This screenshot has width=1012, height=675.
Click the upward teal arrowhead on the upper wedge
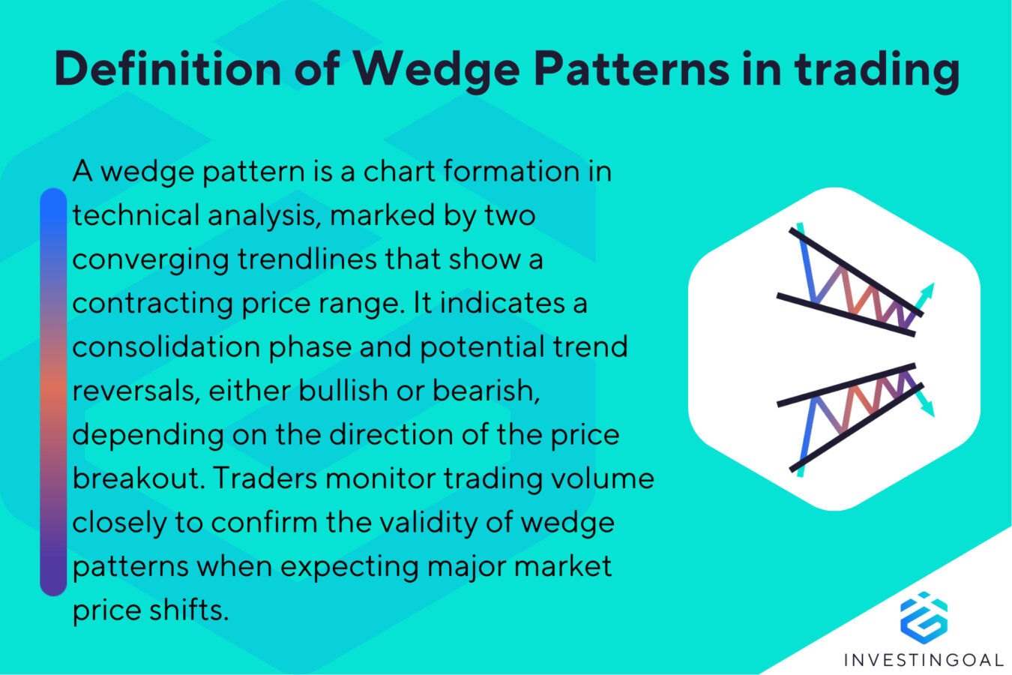click(930, 288)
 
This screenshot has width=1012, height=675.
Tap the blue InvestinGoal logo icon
click(923, 616)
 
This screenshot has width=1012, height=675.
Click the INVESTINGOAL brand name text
click(923, 660)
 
